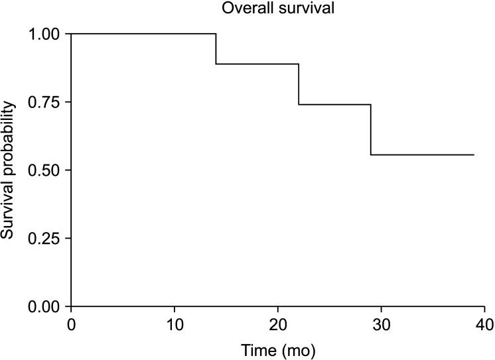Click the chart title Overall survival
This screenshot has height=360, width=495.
(278, 9)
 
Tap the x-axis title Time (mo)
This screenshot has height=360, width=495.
(278, 348)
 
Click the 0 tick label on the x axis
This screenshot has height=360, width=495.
(71, 324)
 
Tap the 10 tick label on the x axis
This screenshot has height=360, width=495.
(175, 324)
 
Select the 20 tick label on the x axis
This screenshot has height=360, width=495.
(278, 324)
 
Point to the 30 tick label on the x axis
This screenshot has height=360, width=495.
(382, 324)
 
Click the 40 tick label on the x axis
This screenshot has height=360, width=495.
(485, 324)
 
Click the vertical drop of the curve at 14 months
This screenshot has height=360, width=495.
(216, 48)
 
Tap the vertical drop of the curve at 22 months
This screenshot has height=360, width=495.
(299, 84)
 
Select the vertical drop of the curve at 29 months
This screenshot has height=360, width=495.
(371, 129)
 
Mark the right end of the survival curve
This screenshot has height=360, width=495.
(474, 154)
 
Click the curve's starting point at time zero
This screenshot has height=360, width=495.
(71, 33)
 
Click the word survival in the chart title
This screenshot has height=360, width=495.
(301, 9)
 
